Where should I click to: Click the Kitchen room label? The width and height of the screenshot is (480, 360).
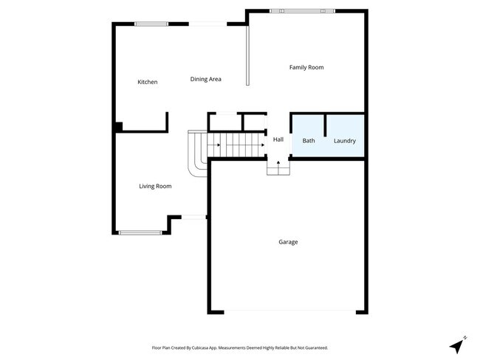coord(148,82)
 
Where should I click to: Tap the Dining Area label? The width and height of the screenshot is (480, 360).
coord(205,79)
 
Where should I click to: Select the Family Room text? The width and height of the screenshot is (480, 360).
coord(306,67)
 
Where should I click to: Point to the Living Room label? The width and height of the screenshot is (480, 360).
coord(155,186)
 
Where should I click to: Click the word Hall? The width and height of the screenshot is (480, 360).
coord(278,139)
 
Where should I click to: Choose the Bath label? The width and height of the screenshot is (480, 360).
coord(308,141)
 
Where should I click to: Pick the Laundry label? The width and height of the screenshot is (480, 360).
coord(344,141)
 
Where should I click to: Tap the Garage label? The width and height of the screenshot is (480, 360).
coord(288,242)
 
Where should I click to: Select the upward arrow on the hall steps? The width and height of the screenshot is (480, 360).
coord(278,165)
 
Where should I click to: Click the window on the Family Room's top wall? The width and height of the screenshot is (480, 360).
coord(296,10)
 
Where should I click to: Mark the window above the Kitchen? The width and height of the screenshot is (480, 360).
coord(151,24)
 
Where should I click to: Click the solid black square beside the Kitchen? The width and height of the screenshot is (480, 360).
coord(118,127)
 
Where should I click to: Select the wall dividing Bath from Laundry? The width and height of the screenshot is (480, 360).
coord(326,125)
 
